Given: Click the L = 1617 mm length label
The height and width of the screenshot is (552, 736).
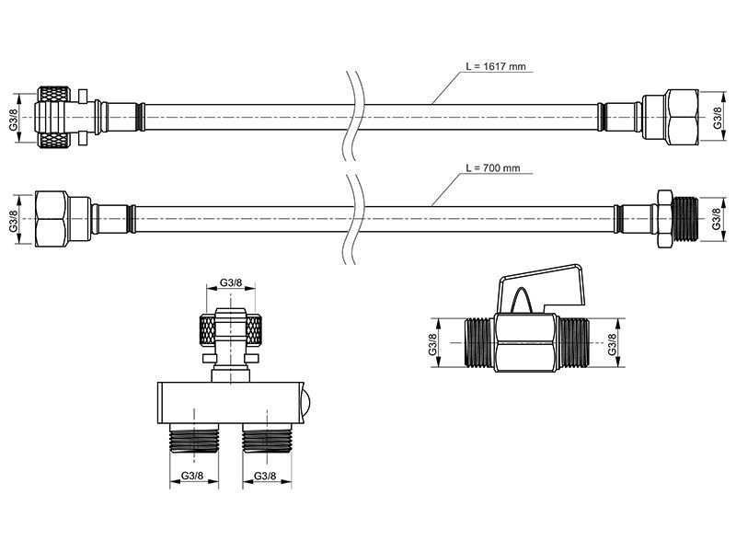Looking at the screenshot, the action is point(496,66).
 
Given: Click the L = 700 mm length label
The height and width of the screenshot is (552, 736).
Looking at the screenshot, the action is point(493,167).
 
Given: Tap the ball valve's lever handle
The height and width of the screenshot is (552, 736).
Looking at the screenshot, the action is point(542,285).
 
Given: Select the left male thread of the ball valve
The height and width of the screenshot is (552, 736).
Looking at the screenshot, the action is point(478,342).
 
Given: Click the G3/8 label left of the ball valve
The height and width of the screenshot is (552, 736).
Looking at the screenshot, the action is point(432,343).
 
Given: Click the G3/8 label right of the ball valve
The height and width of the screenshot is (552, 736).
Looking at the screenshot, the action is point(612,343).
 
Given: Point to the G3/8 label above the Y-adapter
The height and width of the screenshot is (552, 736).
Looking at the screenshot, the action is point(231,282).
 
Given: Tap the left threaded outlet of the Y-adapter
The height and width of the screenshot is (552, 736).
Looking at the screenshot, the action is point(194,438).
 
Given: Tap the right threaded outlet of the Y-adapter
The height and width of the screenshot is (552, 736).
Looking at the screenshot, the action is point(268,438).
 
